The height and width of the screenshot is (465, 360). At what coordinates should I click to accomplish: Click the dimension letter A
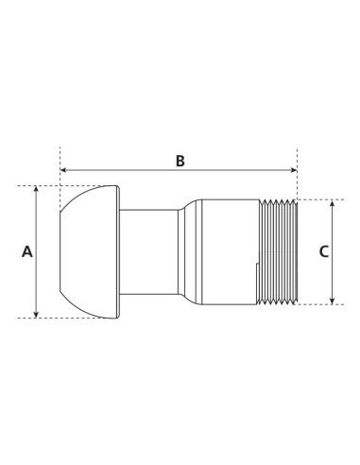click(26, 251)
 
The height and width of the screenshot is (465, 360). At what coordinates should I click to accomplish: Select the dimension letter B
click(180, 160)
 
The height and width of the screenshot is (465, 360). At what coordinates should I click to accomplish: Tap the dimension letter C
click(323, 251)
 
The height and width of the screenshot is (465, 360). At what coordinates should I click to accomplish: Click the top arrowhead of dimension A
click(37, 190)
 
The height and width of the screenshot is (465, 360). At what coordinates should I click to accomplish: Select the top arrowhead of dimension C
click(334, 203)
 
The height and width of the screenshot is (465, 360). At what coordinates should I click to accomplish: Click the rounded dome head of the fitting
click(85, 251)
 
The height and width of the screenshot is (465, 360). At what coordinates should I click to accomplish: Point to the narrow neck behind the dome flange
click(151, 251)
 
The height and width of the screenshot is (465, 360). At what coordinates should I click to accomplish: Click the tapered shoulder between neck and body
click(190, 251)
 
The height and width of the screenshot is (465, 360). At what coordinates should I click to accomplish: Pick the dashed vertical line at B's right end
click(297, 180)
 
